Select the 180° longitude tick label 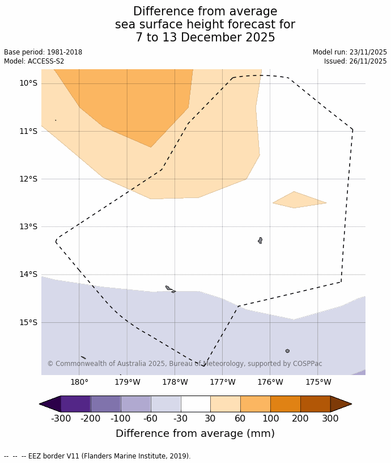tap(79, 382)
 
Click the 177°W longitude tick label tap(222, 382)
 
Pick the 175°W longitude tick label tap(318, 382)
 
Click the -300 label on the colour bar tap(61, 419)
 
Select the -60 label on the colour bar tap(151, 419)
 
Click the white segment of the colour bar tap(195, 404)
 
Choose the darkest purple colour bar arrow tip tap(49, 404)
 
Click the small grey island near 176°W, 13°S tap(260, 241)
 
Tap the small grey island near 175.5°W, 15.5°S tap(287, 351)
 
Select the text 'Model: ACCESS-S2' tap(34, 61)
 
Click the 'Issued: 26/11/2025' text tap(355, 61)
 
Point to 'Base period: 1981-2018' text tap(43, 52)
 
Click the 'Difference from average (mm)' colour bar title tap(195, 433)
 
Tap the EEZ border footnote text tap(97, 456)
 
